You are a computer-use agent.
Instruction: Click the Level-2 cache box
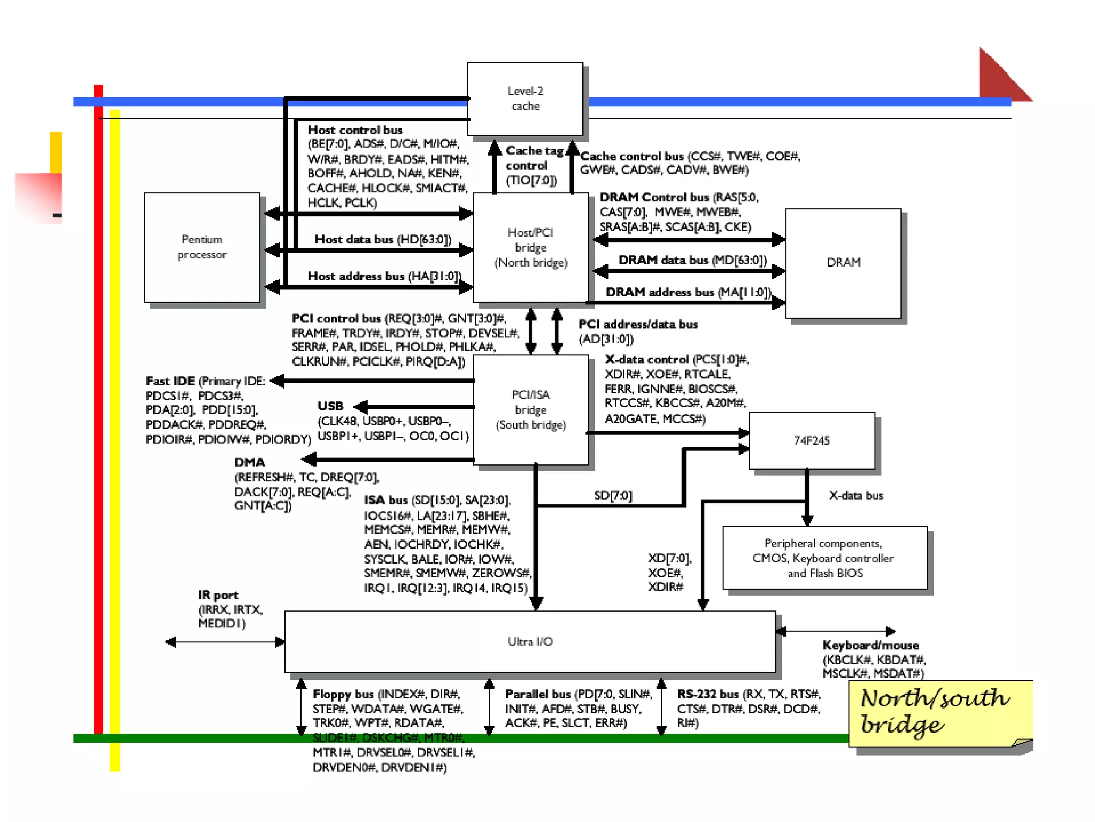coord(525,99)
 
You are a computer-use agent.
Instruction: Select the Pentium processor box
coord(202,247)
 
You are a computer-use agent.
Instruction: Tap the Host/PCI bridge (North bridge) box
coord(530,247)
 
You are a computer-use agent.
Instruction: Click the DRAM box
coord(843,263)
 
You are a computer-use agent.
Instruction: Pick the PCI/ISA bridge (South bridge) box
coord(530,410)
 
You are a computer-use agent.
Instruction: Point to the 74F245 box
coord(812,440)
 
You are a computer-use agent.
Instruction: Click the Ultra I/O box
coord(530,642)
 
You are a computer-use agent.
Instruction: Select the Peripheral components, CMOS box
coord(824,558)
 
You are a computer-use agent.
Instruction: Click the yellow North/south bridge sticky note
coord(936,713)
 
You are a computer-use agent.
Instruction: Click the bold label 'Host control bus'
coord(355,130)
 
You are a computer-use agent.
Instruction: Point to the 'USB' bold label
coord(330,406)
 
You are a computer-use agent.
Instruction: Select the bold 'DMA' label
coord(250,462)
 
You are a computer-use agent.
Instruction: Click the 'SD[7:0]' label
coord(613,496)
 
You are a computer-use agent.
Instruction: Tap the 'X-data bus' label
coord(856,496)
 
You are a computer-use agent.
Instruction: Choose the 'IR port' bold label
coord(218,595)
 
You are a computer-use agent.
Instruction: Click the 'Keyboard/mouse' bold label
coord(870,645)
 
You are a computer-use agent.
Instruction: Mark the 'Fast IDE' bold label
coord(170,381)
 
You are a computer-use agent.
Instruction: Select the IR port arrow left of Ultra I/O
coord(225,642)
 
